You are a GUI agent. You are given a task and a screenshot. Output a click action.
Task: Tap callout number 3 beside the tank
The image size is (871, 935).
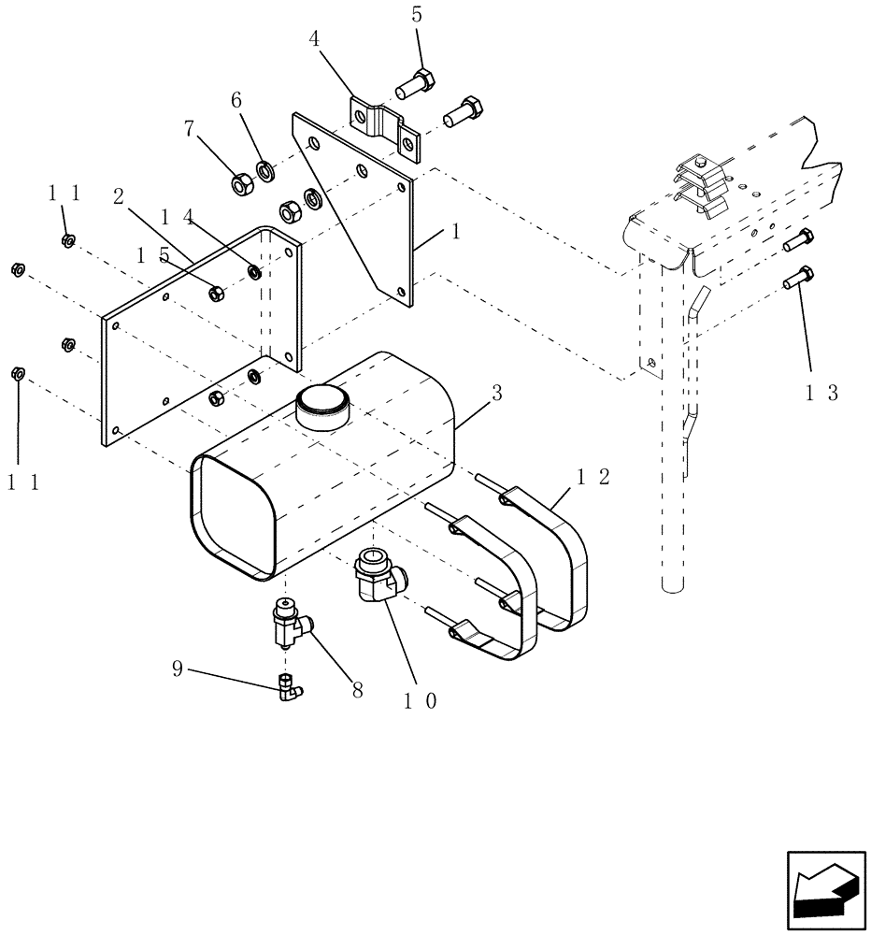(x=496, y=394)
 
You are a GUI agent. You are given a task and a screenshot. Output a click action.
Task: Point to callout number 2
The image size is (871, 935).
(x=119, y=195)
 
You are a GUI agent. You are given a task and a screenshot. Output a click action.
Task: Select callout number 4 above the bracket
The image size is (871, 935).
(x=315, y=41)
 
